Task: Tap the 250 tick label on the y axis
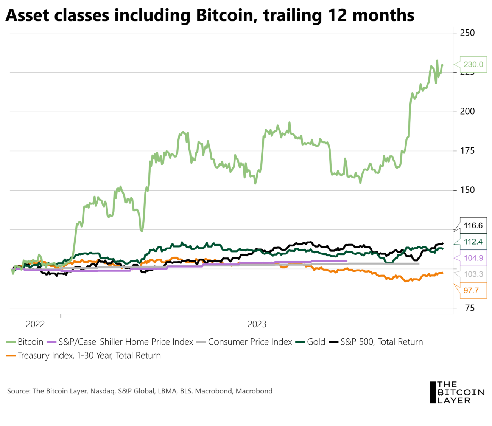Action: (x=467, y=33)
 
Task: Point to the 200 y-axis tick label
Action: (x=467, y=112)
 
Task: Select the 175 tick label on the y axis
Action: (x=467, y=151)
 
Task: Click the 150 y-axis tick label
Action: (x=467, y=190)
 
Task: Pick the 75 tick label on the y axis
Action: (x=470, y=308)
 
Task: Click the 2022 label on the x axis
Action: (x=35, y=324)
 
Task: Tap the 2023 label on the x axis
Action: (x=257, y=324)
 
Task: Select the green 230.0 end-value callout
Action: (x=473, y=64)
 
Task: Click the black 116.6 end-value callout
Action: (x=473, y=226)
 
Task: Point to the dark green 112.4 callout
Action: (x=473, y=242)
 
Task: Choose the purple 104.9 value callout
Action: (x=473, y=258)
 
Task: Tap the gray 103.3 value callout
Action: (x=473, y=274)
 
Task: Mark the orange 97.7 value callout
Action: (x=471, y=291)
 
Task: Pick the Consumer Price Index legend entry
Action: (x=250, y=342)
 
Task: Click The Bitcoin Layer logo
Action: (x=457, y=392)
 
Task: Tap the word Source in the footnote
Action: (x=18, y=391)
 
